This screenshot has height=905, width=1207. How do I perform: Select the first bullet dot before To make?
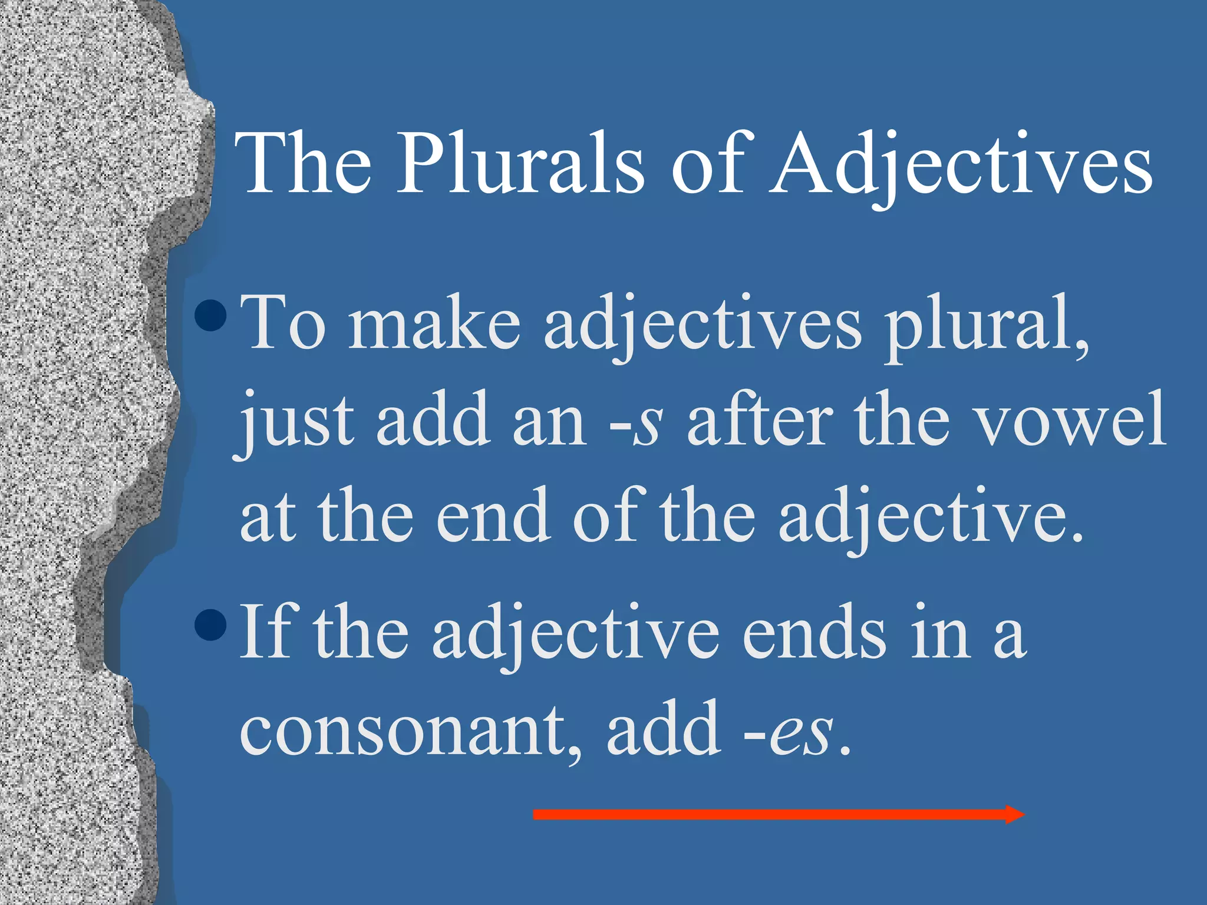[210, 315]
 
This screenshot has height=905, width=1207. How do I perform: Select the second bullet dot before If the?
[210, 625]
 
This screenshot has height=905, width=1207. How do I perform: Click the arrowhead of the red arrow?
[1015, 814]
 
